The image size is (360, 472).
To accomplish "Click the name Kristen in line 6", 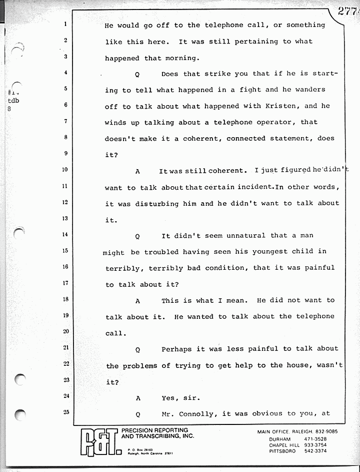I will tap(286, 106).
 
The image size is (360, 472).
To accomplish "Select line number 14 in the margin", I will tap(65, 234).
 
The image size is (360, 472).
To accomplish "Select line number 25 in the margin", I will tap(65, 412).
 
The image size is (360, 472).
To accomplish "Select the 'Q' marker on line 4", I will tap(137, 74).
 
